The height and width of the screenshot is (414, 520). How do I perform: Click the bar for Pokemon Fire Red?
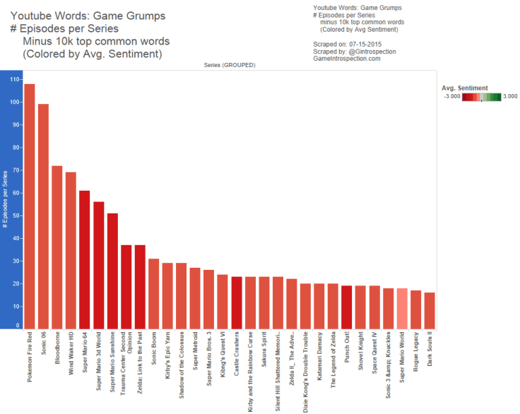point(29,206)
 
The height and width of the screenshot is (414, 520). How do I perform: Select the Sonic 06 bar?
point(43,216)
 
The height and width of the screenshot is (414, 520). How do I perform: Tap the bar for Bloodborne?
point(57,247)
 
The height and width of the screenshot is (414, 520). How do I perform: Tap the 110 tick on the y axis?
point(14,79)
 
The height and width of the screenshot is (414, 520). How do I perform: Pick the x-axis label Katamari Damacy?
point(319,360)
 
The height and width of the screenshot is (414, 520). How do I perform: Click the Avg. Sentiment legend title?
point(464,88)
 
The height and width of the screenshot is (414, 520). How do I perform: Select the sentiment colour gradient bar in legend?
point(482,97)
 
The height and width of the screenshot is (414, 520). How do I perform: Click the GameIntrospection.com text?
point(346,59)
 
